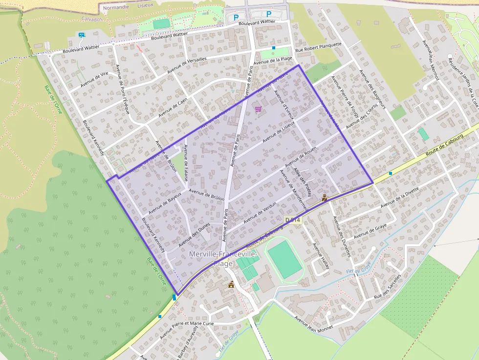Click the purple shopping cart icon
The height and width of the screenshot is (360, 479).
pyautogui.click(x=258, y=108)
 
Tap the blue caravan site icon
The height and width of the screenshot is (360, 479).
pyautogui.click(x=81, y=35)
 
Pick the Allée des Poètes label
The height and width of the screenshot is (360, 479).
pyautogui.click(x=302, y=181)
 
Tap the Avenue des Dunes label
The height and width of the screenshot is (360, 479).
pyautogui.click(x=194, y=234)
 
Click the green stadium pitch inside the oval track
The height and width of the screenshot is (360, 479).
pyautogui.click(x=285, y=259)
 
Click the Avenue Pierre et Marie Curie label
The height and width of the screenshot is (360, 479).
pyautogui.click(x=187, y=331)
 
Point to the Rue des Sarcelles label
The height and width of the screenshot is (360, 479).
pyautogui.click(x=387, y=286)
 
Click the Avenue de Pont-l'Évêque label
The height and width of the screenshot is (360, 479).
pyautogui.click(x=122, y=89)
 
